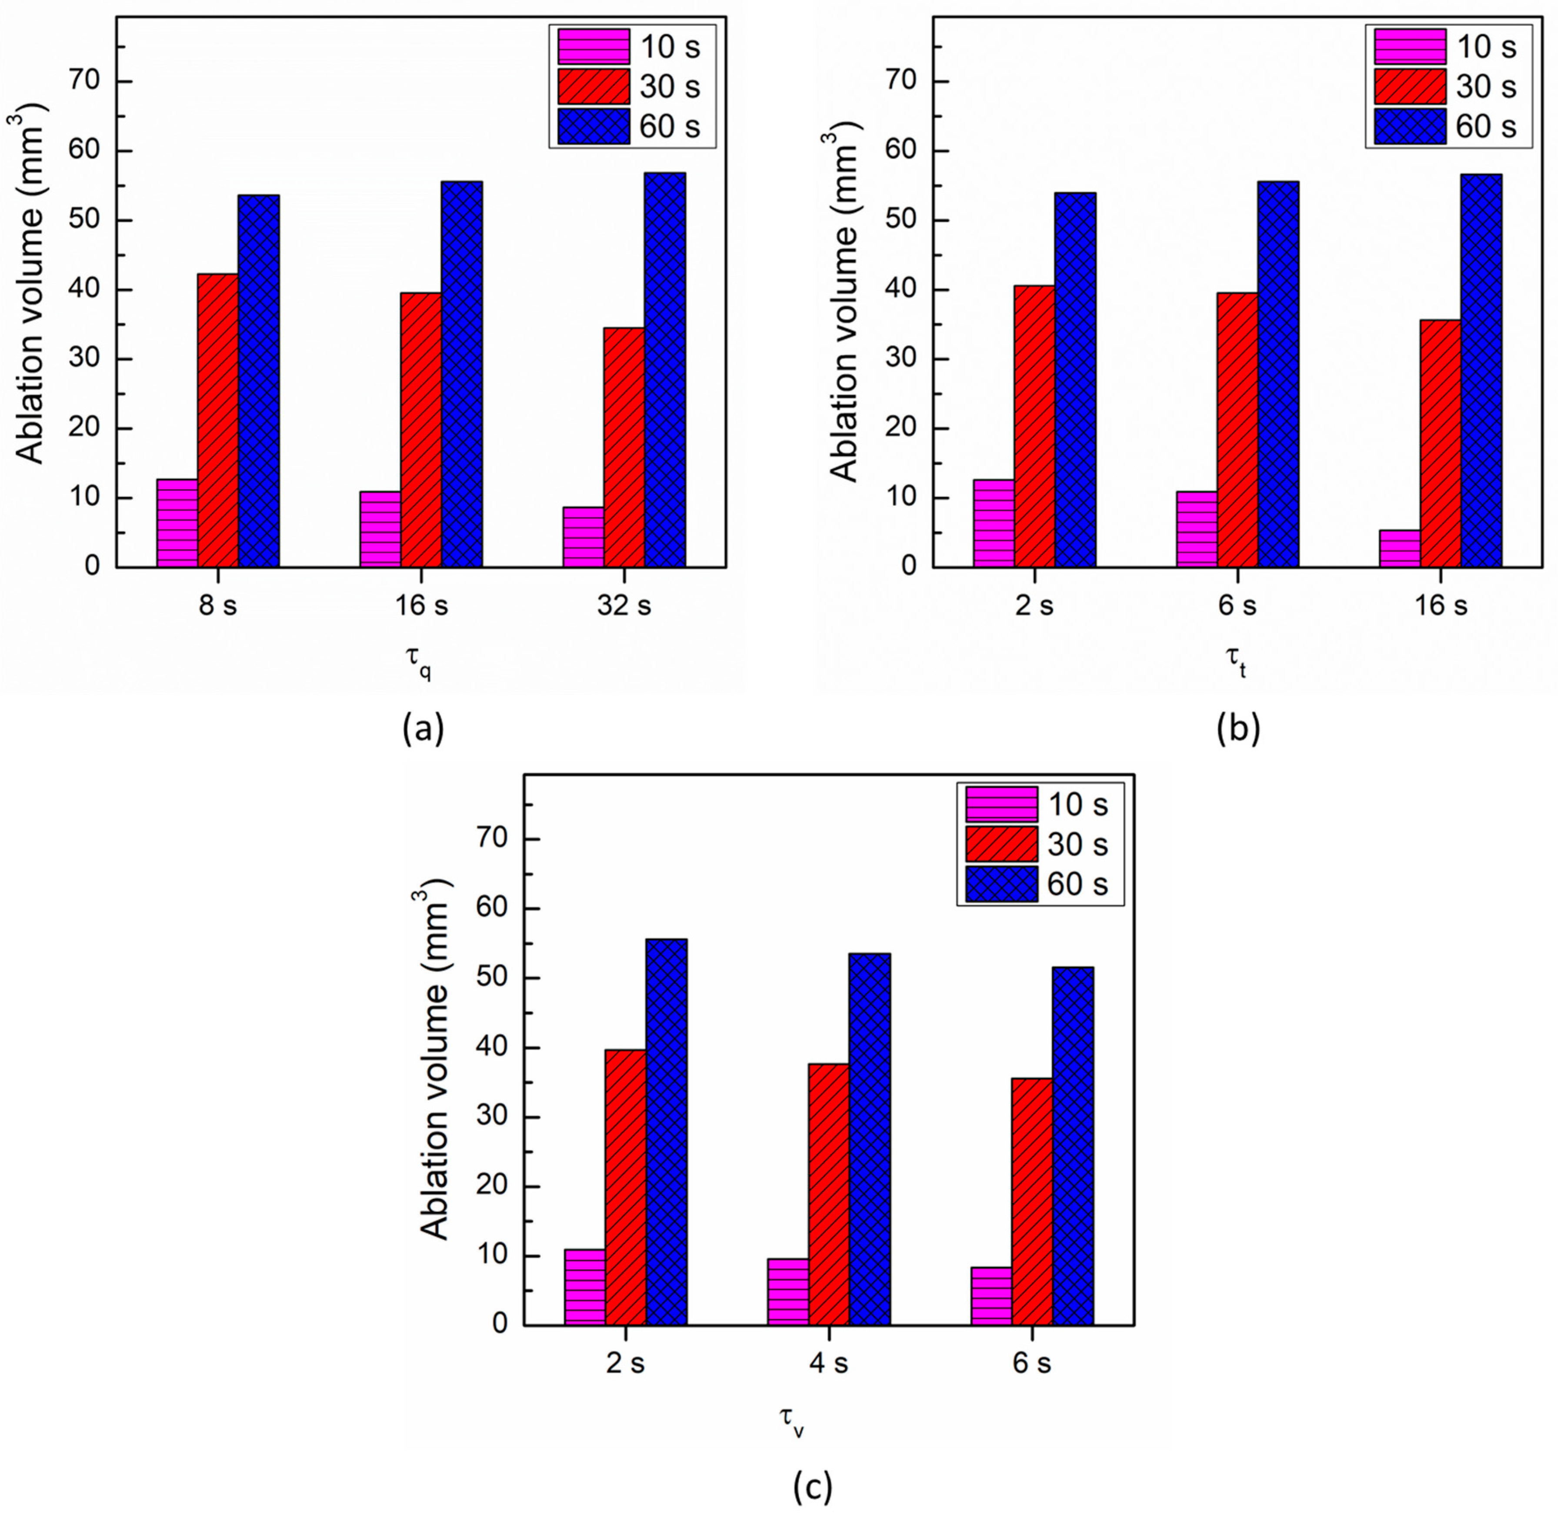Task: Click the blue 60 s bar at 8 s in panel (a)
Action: [x=258, y=381]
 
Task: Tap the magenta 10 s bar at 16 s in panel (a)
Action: [x=380, y=529]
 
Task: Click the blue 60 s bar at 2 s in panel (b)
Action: [x=1075, y=380]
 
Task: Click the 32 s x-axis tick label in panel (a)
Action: [x=624, y=606]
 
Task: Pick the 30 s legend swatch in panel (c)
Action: [x=1001, y=844]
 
